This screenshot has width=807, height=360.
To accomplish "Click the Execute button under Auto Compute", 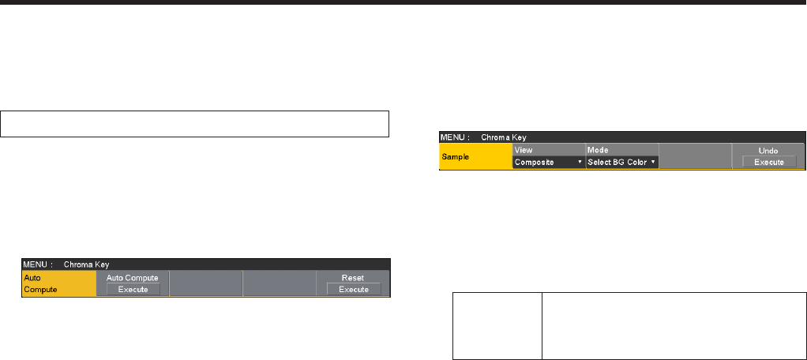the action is tap(133, 290).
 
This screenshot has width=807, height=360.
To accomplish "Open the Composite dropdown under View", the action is tap(548, 162).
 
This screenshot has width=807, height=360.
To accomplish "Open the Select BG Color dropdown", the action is tap(621, 162).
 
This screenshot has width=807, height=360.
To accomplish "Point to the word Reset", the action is tap(353, 278).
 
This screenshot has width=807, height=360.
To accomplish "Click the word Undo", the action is tap(768, 149).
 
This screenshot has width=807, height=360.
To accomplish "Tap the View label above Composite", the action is tap(524, 149).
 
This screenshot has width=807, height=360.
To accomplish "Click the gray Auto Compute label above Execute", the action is tap(133, 278).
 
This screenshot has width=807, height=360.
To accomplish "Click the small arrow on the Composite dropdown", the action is tap(580, 162).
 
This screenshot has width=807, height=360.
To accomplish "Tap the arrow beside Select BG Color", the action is tap(653, 162).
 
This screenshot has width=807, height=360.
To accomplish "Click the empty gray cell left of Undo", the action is tap(695, 156).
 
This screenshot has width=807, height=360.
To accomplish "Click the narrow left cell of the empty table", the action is tap(497, 326).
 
